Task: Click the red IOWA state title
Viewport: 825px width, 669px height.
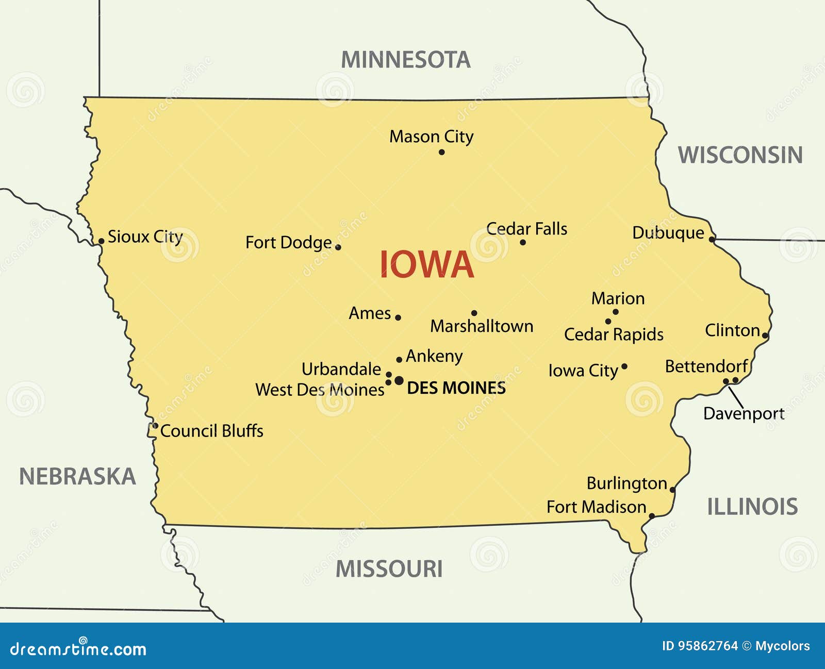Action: coord(426,265)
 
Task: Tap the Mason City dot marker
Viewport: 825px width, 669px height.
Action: coord(441,152)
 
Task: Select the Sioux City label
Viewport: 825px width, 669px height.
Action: coord(145,237)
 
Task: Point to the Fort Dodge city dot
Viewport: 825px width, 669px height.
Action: coord(338,247)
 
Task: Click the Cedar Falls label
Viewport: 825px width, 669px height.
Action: coord(526,229)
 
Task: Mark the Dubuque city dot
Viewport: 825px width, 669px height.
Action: coord(712,239)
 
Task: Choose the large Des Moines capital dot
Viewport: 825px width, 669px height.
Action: coord(399,380)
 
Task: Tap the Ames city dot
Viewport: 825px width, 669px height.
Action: coord(398,317)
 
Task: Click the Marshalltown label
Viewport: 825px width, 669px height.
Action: coord(482,326)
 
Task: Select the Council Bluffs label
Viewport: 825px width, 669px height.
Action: coord(211,431)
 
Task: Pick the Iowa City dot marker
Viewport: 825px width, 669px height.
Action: coord(624,366)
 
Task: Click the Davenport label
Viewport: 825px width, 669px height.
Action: coord(744,414)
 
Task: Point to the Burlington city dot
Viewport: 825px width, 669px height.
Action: coord(672,490)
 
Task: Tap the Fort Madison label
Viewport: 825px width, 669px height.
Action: coord(596,507)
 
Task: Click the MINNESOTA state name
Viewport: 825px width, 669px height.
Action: coord(406,60)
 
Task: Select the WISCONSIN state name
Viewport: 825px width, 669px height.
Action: coord(740,155)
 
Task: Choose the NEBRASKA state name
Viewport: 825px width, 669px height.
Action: coord(77,477)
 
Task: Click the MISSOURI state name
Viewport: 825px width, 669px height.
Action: coord(389,570)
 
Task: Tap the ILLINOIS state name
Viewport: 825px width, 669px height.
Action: coord(752,507)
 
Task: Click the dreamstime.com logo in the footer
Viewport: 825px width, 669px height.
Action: coord(78,648)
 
